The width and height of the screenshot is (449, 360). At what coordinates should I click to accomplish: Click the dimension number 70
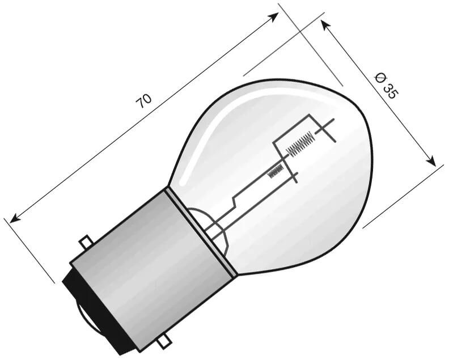144,101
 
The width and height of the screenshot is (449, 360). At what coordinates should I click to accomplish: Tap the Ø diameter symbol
381,77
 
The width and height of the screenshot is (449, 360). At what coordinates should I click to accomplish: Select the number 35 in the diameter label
389,91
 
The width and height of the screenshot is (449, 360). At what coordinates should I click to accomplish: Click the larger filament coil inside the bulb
299,143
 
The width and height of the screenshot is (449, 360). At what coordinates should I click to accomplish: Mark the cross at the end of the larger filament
325,130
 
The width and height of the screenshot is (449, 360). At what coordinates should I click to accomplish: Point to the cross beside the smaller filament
293,177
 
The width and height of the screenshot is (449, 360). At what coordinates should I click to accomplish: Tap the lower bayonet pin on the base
166,341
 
